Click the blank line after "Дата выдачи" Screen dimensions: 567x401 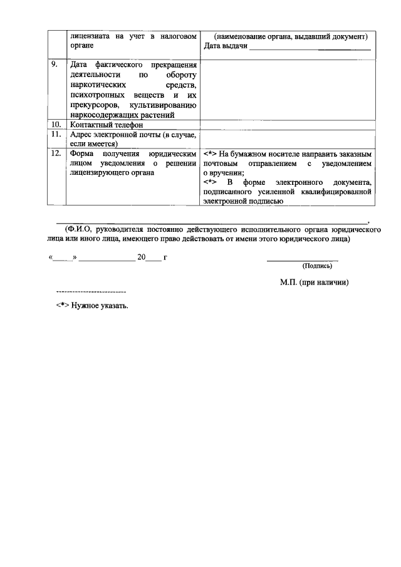(x=310, y=48)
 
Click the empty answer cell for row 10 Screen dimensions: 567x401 (x=288, y=125)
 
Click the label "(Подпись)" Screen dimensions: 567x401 (x=318, y=266)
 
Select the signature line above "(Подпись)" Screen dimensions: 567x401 (x=303, y=259)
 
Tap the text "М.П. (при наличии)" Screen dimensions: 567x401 (x=314, y=283)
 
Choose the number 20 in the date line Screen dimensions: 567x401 (x=142, y=257)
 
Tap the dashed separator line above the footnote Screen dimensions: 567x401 (x=91, y=293)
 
